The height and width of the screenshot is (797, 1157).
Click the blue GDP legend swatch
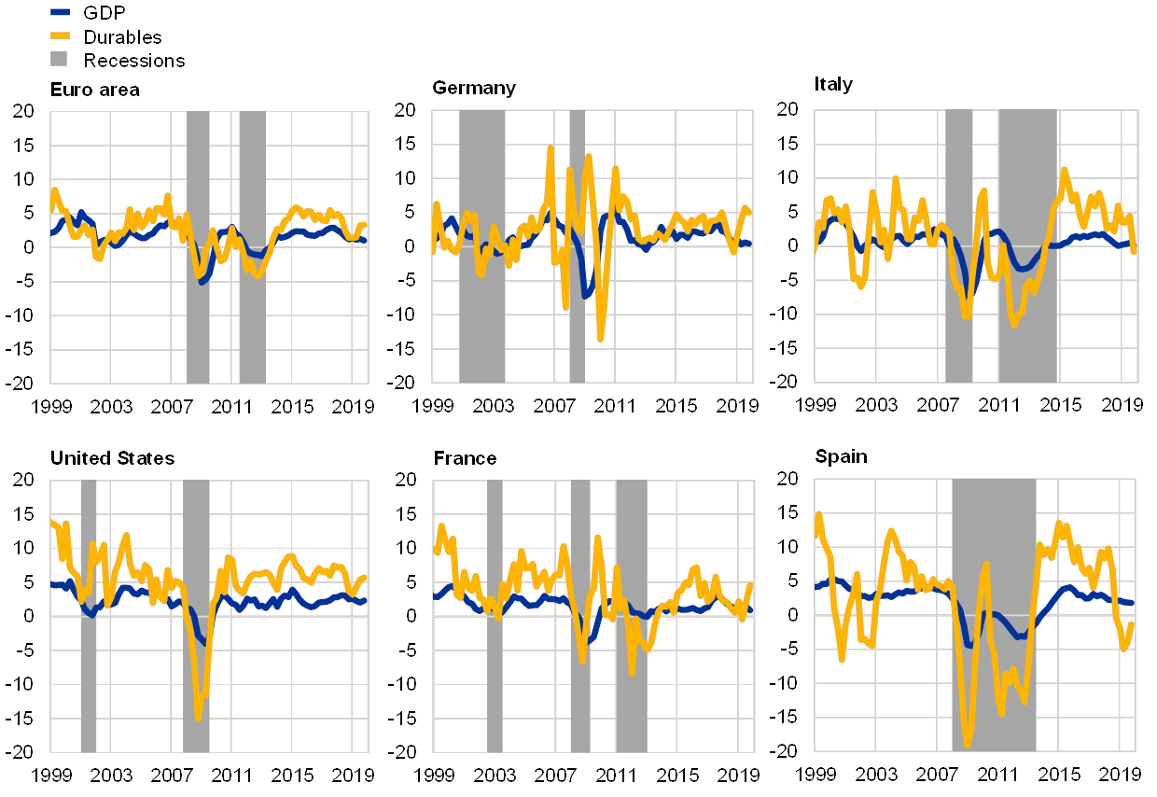tap(59, 12)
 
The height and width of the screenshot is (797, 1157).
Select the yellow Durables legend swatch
tap(59, 36)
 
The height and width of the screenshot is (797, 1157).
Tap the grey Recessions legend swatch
tap(59, 60)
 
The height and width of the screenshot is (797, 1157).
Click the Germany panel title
tap(474, 89)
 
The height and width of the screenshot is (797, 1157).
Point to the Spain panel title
tap(841, 457)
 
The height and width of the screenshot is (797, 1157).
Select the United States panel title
tap(112, 458)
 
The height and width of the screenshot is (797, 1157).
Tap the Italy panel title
tap(835, 85)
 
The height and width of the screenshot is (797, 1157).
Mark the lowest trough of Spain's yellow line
tap(967, 745)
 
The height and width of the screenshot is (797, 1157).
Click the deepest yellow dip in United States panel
tap(198, 717)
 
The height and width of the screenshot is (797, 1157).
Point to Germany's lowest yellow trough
tap(601, 339)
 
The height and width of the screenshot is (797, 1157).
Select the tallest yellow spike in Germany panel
tap(551, 147)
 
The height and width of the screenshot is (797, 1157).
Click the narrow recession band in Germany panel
tap(577, 246)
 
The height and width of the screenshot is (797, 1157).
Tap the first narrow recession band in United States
tap(89, 615)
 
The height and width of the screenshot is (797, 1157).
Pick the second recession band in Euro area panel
tap(252, 246)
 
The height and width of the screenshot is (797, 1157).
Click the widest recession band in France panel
tap(631, 615)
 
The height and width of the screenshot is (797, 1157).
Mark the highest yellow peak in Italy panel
tap(1065, 170)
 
